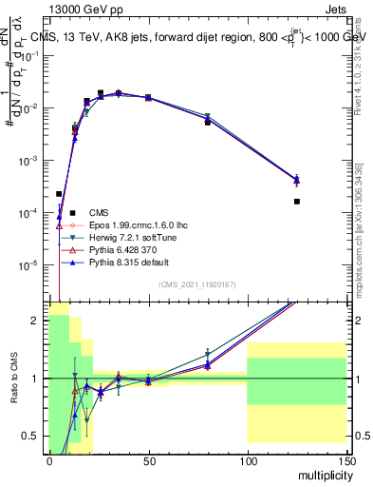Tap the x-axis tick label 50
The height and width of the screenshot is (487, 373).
point(147,460)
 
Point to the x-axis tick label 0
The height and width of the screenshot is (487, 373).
point(49,460)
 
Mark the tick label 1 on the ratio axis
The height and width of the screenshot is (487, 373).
point(38,379)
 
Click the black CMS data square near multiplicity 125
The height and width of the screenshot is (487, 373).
point(297,201)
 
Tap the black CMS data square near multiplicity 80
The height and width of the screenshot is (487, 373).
point(208,123)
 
